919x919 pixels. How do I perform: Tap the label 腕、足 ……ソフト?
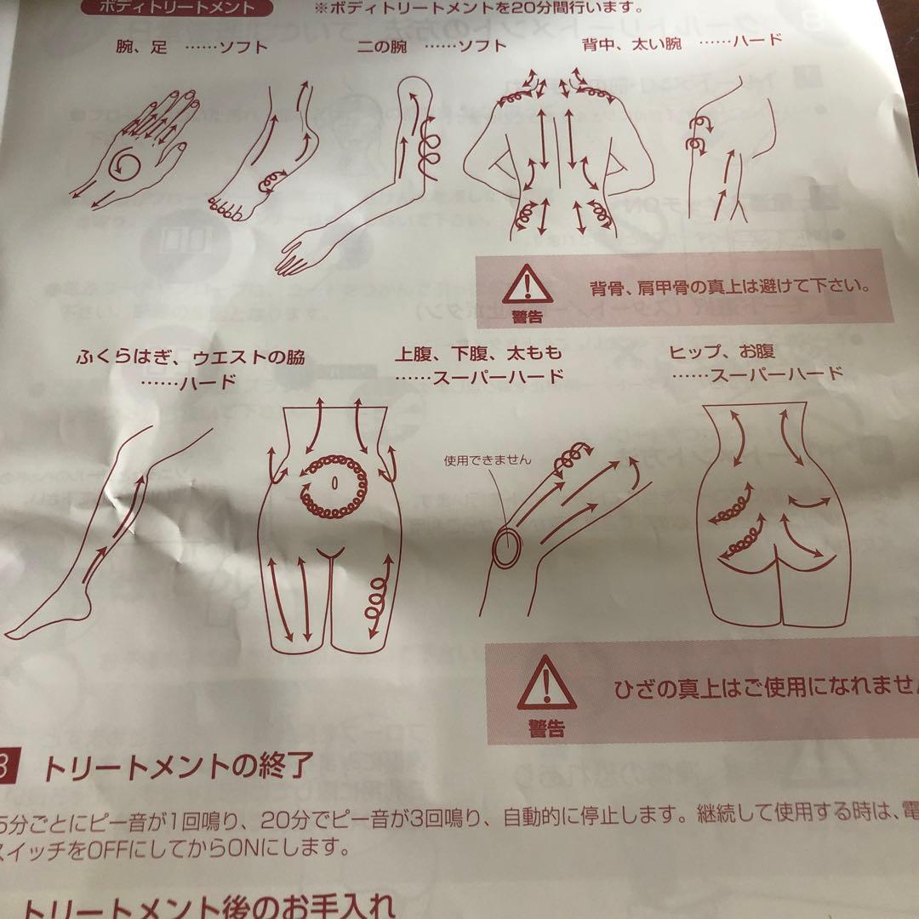(191, 47)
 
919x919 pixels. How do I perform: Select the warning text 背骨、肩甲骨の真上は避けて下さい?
(729, 286)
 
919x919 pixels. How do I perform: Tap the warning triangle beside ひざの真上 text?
(546, 682)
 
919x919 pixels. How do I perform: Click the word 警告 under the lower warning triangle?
(545, 728)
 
